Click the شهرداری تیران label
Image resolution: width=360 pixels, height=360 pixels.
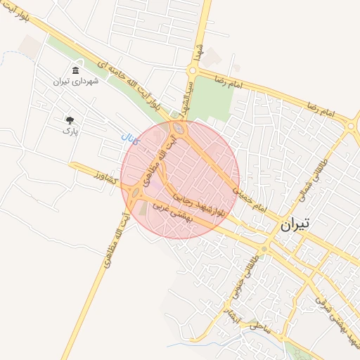[x=76, y=82]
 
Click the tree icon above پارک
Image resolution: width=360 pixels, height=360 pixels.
[x=70, y=120]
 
